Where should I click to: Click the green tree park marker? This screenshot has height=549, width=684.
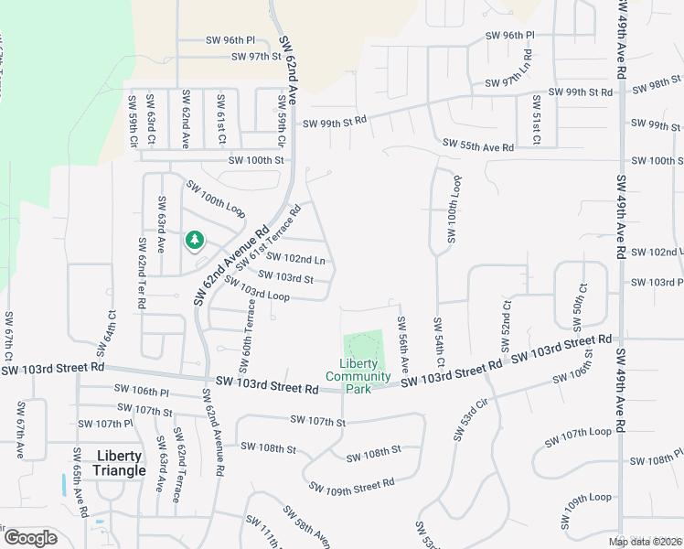point(194,241)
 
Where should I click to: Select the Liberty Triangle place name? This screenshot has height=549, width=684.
point(119,463)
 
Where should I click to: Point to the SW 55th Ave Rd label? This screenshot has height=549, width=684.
point(478,145)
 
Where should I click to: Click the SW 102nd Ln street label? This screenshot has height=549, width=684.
point(294,259)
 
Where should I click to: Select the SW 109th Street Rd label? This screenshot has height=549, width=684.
point(351,485)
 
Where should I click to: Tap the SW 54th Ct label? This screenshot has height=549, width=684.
point(439,341)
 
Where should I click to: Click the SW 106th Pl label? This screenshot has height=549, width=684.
point(143,390)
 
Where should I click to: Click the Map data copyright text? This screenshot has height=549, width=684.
point(645,542)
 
